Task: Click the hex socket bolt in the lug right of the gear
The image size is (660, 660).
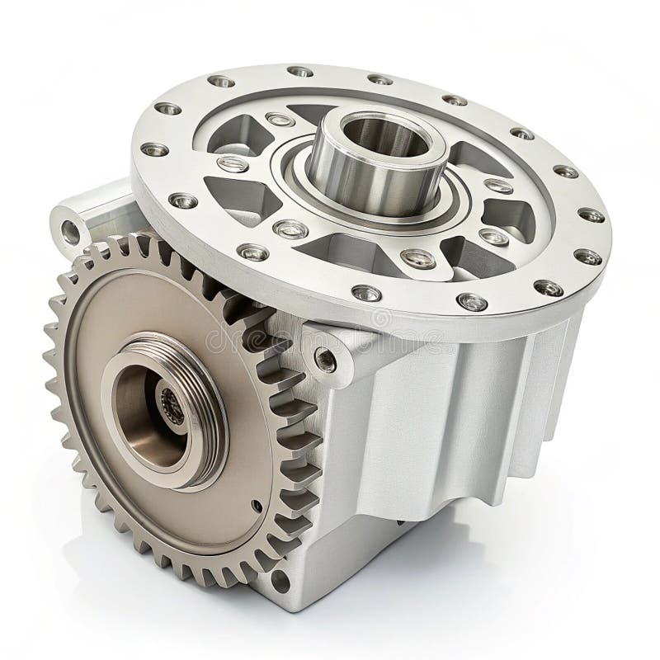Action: [x=326, y=359]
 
